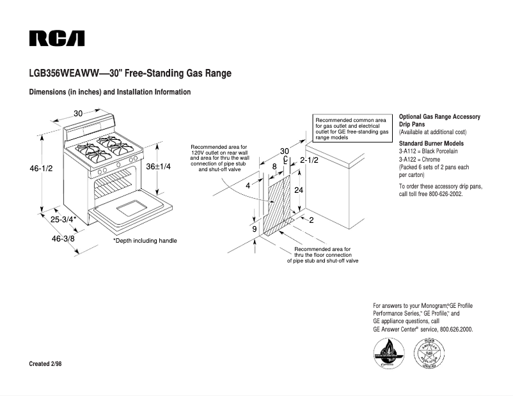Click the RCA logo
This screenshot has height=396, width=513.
click(x=56, y=38)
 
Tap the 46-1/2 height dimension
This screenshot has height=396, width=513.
click(x=41, y=169)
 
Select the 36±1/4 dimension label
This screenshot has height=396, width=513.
click(x=158, y=166)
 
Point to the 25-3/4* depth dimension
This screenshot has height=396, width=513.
click(x=63, y=219)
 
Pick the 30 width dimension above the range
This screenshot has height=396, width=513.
click(x=78, y=113)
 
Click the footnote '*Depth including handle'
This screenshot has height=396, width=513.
click(x=145, y=241)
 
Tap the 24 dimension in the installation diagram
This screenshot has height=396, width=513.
click(x=298, y=190)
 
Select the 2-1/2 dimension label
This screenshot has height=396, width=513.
click(x=309, y=160)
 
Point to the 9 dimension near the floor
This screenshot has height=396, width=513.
click(x=254, y=229)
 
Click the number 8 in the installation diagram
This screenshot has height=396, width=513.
click(x=274, y=166)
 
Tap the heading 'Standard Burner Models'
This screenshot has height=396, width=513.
click(x=431, y=144)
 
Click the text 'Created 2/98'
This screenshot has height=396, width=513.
click(x=45, y=363)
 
